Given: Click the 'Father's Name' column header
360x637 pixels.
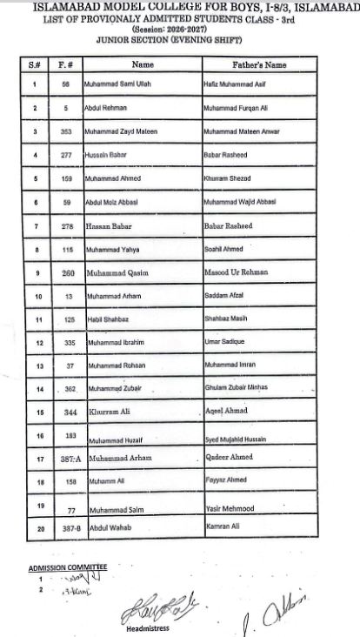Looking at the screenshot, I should click(259, 64).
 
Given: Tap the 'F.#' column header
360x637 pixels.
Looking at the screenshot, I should click(63, 64).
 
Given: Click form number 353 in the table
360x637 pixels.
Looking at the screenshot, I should click(64, 131).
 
